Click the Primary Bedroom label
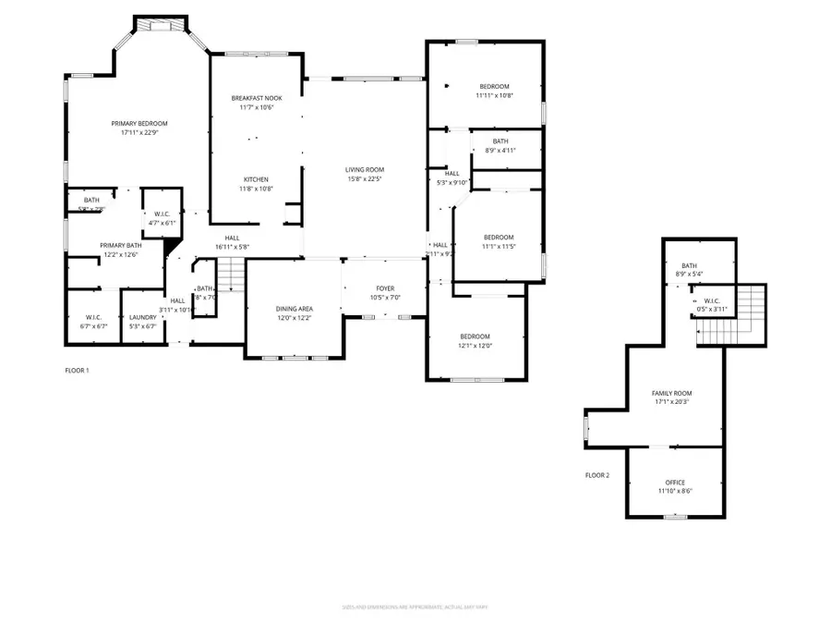[139, 123]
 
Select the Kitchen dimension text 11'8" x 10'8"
[256, 189]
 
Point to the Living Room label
[365, 169]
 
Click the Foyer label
[384, 288]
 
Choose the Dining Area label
[294, 309]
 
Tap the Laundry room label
[142, 317]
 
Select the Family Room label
[671, 393]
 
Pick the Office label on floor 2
[675, 482]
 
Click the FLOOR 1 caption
[77, 370]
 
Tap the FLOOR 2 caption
[597, 475]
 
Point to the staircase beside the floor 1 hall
[230, 275]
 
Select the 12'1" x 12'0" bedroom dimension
[476, 346]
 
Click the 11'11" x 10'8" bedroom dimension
[493, 95]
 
